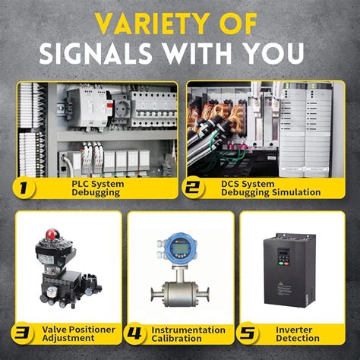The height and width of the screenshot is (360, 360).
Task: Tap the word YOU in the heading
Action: pos(273,54)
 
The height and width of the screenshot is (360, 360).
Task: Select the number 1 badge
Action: pos(27,188)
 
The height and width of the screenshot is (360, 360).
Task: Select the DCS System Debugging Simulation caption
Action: pos(270,188)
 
